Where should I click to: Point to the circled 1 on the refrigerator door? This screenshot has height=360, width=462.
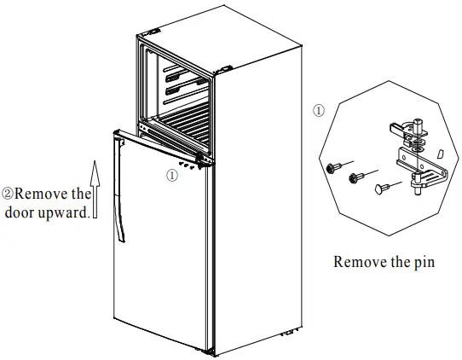[x=171, y=175]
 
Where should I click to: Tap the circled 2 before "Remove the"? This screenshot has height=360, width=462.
[x=8, y=195]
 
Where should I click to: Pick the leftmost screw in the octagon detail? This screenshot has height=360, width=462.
[x=332, y=168]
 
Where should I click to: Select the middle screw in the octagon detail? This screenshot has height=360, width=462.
[x=355, y=177]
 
